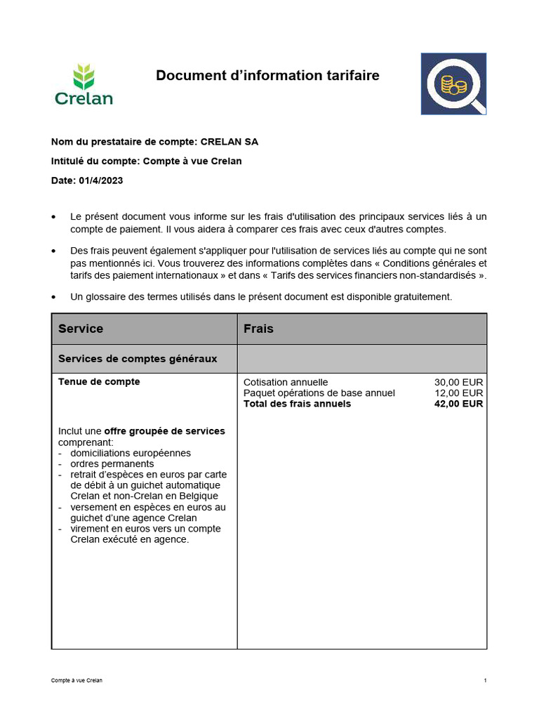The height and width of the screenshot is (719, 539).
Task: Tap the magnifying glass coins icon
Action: click(453, 84)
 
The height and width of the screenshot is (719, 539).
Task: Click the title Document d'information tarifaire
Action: click(267, 75)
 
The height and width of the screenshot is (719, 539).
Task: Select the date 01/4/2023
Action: click(101, 180)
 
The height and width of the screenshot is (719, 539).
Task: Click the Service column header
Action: click(81, 329)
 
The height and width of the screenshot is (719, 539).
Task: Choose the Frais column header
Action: click(258, 329)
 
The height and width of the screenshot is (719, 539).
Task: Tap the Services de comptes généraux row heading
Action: click(138, 359)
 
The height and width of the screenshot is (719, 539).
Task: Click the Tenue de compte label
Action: click(99, 382)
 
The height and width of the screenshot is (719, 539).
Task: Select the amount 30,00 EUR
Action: click(458, 383)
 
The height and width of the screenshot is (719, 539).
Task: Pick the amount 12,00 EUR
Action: click(458, 393)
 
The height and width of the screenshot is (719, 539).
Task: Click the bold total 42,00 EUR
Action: click(458, 404)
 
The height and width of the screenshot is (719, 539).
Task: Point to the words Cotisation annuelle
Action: click(286, 383)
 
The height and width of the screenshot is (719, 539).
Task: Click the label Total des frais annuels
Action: click(297, 404)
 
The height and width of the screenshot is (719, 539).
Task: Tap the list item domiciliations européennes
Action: click(131, 453)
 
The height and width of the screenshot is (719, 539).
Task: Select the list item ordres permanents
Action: click(112, 463)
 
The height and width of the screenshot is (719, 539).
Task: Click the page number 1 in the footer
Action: click(485, 681)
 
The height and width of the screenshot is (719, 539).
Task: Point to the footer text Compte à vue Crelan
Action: click(76, 681)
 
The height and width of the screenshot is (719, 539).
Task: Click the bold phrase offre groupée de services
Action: click(164, 431)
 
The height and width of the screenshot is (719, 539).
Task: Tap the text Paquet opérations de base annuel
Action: click(319, 393)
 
